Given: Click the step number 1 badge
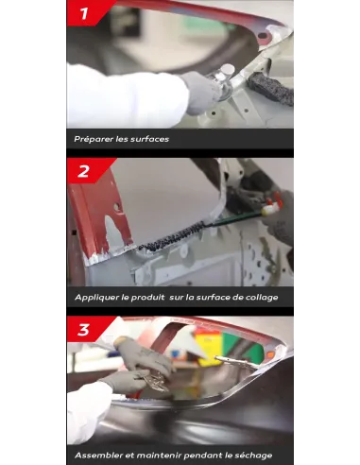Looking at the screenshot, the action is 83,13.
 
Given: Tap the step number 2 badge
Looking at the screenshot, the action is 83,171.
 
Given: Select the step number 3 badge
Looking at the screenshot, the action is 83,330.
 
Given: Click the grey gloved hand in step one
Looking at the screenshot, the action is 201,92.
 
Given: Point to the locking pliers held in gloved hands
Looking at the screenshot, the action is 155,381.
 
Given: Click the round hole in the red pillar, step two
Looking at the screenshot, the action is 117,207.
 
